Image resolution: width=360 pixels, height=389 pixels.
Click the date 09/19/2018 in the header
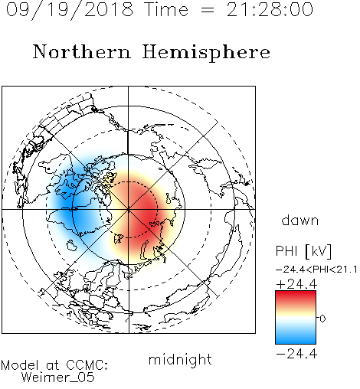point(70,10)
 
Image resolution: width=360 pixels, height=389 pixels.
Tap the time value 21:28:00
point(270,9)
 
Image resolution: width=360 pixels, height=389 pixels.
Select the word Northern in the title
point(82,51)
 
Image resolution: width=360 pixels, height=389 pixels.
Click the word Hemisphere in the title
point(206,53)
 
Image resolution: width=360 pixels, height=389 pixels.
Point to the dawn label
point(300,220)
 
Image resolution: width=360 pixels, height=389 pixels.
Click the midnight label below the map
point(180,359)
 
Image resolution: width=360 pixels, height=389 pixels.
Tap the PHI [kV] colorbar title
point(303,251)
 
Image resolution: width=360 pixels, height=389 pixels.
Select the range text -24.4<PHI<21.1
point(316,270)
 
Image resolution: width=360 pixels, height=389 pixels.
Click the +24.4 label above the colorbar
point(296,284)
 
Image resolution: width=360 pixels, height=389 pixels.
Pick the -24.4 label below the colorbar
point(296,354)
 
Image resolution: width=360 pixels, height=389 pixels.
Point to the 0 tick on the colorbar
point(322,319)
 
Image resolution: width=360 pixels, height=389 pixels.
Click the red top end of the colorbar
point(296,293)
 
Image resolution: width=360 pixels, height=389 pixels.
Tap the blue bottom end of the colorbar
point(296,341)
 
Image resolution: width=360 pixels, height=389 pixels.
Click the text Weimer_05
point(58,377)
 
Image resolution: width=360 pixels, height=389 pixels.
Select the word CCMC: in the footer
point(87,365)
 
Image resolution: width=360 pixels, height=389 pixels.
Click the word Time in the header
point(166,9)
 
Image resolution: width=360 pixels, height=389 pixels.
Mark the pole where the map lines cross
point(128,209)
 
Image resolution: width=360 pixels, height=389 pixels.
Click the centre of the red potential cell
point(143,212)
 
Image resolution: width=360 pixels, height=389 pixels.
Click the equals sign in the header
point(208,10)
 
